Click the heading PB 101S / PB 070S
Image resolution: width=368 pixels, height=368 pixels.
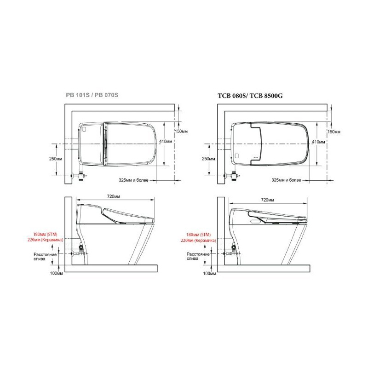pyautogui.click(x=92, y=95)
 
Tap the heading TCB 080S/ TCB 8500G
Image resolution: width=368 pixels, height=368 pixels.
pyautogui.click(x=250, y=96)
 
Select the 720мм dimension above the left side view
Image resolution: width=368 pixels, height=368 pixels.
pyautogui.click(x=114, y=196)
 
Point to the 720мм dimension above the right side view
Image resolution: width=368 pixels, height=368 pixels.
pyautogui.click(x=268, y=200)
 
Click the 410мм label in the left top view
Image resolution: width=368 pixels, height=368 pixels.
pyautogui.click(x=166, y=141)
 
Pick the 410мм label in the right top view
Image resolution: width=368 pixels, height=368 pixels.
pyautogui.click(x=318, y=142)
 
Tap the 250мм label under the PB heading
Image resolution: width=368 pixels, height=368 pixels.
pyautogui.click(x=56, y=159)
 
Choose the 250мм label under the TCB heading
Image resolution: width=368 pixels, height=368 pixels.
pyautogui.click(x=208, y=159)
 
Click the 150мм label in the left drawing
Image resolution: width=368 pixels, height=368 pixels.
pyautogui.click(x=181, y=132)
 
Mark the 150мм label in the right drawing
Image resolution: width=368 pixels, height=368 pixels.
pyautogui.click(x=334, y=132)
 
